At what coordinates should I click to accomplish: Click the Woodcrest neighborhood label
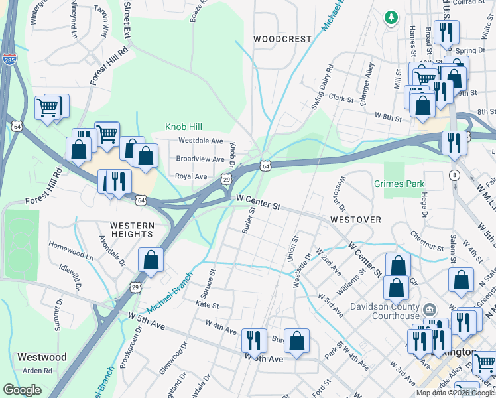tap(282, 39)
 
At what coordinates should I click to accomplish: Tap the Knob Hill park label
tap(183, 126)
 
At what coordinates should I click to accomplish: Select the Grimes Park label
tap(398, 183)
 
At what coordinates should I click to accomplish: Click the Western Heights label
tap(132, 230)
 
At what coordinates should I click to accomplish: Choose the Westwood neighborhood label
tap(42, 357)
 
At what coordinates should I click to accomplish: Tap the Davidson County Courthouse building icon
tap(429, 309)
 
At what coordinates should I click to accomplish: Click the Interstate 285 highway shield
tap(9, 58)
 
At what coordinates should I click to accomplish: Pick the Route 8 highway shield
tap(454, 175)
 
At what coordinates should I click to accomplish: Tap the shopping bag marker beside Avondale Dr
tap(151, 260)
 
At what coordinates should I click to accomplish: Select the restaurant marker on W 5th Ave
tap(254, 341)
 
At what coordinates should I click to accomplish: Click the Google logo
tap(22, 390)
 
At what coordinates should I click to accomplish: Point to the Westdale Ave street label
tap(201, 141)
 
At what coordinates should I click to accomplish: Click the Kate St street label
tap(207, 305)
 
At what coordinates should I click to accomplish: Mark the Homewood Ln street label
tap(71, 253)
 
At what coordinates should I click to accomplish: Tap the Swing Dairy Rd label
tap(322, 87)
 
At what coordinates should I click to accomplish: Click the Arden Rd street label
tap(36, 371)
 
